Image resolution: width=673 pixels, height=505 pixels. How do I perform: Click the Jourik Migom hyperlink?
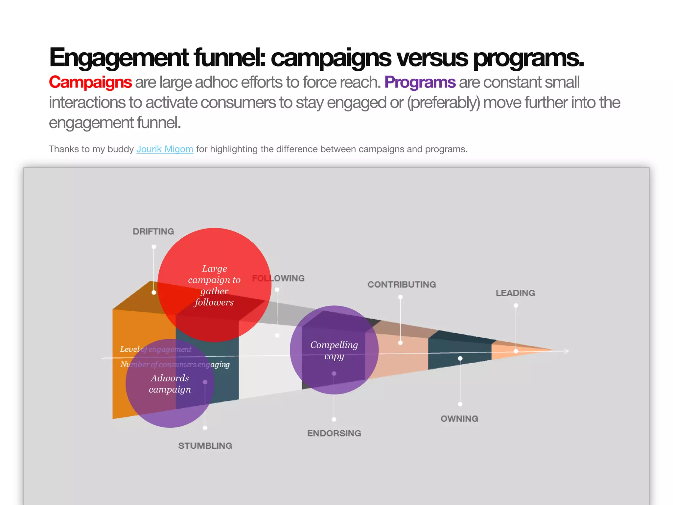(x=165, y=149)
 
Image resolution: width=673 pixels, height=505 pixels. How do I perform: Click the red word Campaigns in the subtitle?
(x=90, y=82)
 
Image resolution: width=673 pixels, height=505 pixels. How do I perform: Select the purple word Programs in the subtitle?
(x=420, y=82)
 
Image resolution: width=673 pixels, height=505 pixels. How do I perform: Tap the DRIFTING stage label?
(x=153, y=231)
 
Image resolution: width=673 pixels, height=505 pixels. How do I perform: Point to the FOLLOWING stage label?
(x=278, y=278)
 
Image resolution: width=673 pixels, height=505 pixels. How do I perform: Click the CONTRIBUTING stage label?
(x=402, y=285)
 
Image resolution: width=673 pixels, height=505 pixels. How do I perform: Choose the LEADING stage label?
(x=515, y=293)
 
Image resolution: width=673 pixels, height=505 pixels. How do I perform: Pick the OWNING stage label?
(x=459, y=419)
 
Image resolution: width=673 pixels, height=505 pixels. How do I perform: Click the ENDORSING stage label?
(x=334, y=433)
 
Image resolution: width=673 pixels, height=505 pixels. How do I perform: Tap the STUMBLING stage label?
(x=205, y=446)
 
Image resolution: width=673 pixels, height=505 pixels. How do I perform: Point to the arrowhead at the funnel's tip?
(x=566, y=351)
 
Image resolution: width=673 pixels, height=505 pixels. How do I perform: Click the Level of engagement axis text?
(x=156, y=349)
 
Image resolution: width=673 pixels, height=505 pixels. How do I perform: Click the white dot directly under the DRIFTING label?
(x=154, y=247)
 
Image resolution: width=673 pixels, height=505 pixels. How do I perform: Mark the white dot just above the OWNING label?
(x=460, y=404)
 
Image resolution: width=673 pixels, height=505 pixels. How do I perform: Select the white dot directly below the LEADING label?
(x=516, y=306)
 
